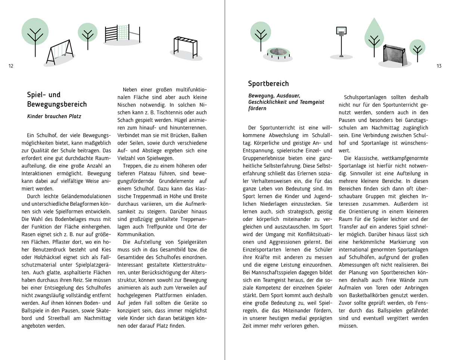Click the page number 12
click(x=10, y=66)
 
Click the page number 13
click(x=439, y=66)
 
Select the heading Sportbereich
click(x=268, y=84)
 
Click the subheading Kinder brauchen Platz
click(x=54, y=116)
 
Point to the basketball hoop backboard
click(x=341, y=30)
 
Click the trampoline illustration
click(x=277, y=53)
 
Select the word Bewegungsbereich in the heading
click(x=57, y=104)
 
